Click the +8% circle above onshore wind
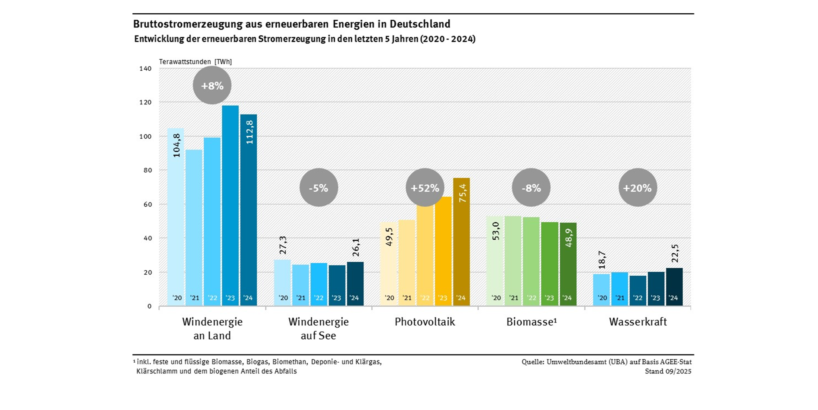point(212,85)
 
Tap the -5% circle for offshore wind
point(318,188)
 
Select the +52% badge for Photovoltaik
point(425,188)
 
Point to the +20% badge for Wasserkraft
point(637,188)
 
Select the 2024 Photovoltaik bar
point(461,248)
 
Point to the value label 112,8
point(250,132)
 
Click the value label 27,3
point(283,245)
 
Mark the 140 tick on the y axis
point(145,69)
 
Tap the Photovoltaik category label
point(425,322)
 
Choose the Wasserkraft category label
point(638,322)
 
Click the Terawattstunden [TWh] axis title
point(195,62)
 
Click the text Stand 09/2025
point(668,371)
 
